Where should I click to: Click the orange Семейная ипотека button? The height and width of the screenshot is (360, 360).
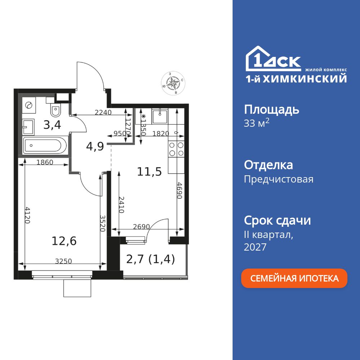click(x=294, y=278)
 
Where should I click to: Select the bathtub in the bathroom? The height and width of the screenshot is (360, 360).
click(x=45, y=146)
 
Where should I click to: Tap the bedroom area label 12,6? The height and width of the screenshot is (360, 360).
click(x=64, y=241)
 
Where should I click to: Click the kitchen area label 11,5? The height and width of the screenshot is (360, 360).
click(x=149, y=171)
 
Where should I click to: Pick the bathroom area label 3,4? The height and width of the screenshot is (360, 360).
click(x=52, y=125)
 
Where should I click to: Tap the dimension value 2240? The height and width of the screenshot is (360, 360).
click(x=103, y=112)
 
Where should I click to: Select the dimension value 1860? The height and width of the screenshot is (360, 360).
click(x=45, y=162)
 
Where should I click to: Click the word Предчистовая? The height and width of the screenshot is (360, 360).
click(x=279, y=179)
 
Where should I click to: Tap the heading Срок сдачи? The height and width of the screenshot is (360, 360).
click(x=277, y=220)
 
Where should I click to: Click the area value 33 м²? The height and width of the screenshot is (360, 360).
click(x=257, y=123)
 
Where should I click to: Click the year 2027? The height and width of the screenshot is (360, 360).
click(x=255, y=247)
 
